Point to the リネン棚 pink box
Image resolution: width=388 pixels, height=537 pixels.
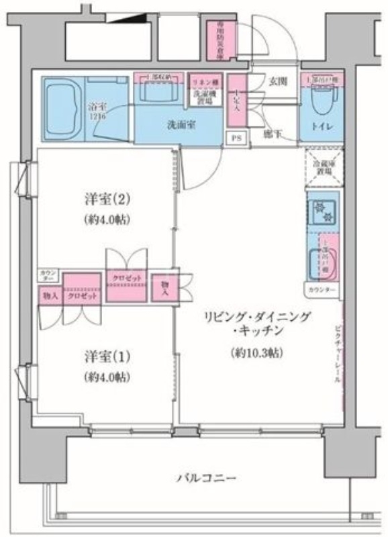point(206,82)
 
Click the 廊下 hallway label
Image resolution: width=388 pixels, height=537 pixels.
point(271,133)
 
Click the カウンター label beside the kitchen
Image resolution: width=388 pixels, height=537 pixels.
point(323,290)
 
